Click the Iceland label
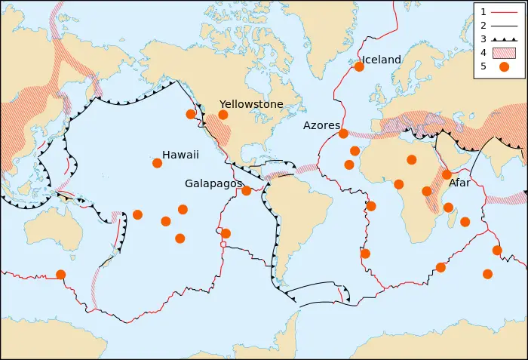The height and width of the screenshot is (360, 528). [x=382, y=60]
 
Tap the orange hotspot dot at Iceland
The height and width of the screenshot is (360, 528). [x=359, y=66]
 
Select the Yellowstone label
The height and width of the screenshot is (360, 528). [x=251, y=104]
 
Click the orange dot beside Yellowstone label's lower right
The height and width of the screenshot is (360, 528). [x=223, y=115]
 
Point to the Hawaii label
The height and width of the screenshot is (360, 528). [x=180, y=155]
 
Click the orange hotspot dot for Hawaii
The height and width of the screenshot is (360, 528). [x=157, y=163]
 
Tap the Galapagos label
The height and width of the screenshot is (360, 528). [x=213, y=183]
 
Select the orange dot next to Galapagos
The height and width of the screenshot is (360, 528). [x=246, y=190]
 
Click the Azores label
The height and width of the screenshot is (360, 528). [x=321, y=125]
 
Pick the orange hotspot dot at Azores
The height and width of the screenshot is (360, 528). [x=343, y=134]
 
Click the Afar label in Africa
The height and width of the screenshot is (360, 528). [x=459, y=183]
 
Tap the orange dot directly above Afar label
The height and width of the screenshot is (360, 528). [x=447, y=174]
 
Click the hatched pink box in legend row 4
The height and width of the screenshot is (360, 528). [x=503, y=52]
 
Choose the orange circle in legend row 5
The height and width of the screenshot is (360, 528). [x=503, y=66]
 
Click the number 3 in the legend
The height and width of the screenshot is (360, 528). [x=483, y=38]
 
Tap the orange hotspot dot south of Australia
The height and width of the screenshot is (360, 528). [x=60, y=275]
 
